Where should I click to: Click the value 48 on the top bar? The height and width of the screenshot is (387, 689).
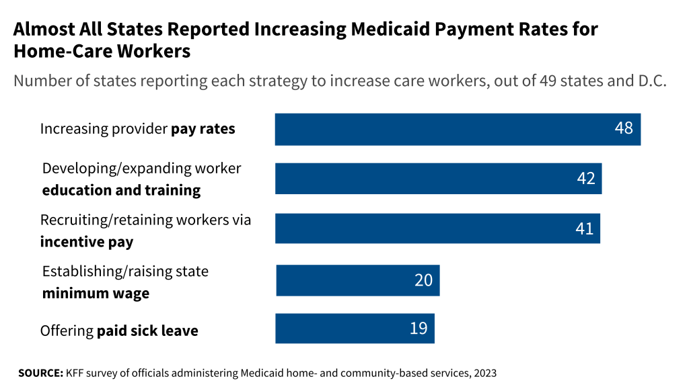[624, 128]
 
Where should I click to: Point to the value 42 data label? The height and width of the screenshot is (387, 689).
[585, 178]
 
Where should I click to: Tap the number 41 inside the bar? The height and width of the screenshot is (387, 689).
[584, 228]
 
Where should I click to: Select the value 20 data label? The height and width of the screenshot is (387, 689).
[423, 279]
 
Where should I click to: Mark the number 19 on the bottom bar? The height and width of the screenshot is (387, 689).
[419, 329]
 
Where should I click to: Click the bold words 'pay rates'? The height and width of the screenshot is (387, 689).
[203, 129]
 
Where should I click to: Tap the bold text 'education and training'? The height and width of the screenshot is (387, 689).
[121, 191]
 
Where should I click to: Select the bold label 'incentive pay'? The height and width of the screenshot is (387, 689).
[87, 242]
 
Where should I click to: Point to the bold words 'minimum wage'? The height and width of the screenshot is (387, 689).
[96, 294]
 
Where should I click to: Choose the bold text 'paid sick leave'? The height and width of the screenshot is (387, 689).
[147, 331]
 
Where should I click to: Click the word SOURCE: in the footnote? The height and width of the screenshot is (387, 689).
[40, 372]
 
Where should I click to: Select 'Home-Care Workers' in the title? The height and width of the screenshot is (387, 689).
[102, 51]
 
